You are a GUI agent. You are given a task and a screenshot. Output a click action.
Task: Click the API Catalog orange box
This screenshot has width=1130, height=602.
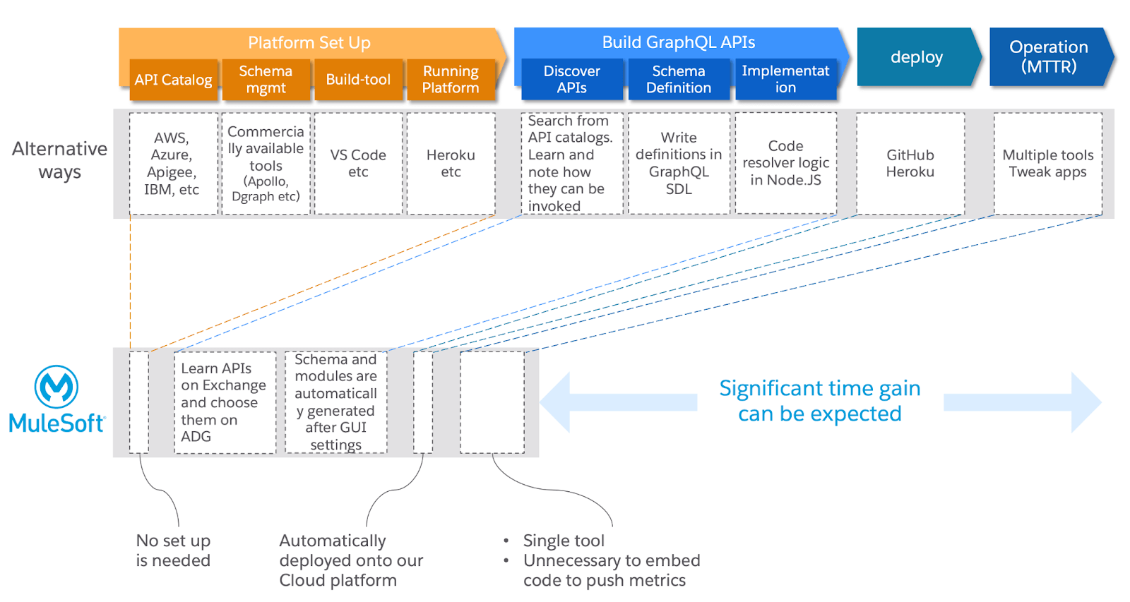click(x=173, y=80)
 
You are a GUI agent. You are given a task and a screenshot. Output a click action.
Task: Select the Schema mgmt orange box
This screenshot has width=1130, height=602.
click(x=266, y=80)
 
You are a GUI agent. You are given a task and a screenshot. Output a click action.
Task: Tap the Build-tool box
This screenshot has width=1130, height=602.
click(x=358, y=80)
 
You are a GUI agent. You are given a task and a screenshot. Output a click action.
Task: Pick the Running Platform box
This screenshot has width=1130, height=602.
click(x=451, y=80)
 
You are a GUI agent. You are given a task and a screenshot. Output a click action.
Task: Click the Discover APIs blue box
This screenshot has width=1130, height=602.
click(x=571, y=80)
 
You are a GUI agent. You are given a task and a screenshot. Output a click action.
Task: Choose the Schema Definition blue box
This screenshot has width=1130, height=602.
click(x=678, y=80)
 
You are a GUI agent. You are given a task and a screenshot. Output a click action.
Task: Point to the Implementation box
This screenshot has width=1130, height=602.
click(x=785, y=80)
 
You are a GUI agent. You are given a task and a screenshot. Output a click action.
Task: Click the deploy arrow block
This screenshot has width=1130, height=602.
click(x=916, y=57)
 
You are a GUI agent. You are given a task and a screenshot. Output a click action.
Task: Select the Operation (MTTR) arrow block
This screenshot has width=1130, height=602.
click(x=1048, y=57)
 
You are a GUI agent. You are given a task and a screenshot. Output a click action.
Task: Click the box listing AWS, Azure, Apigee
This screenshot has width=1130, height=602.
click(x=172, y=164)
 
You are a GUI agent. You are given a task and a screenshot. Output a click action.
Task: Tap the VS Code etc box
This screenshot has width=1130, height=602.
click(x=358, y=164)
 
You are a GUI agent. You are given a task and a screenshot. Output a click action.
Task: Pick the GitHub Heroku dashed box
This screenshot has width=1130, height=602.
click(x=910, y=164)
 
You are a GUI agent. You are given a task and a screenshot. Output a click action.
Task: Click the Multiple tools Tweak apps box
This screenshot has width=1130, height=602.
click(x=1047, y=164)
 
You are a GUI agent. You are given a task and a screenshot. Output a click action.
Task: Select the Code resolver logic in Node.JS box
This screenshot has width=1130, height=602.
click(x=785, y=164)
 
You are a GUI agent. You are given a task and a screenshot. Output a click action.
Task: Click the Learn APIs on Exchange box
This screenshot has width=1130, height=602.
click(x=225, y=402)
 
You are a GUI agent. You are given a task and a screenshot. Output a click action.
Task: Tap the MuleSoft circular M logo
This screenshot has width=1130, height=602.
click(x=56, y=387)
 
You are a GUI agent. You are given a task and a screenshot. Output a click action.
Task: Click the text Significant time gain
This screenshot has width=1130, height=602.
click(x=819, y=389)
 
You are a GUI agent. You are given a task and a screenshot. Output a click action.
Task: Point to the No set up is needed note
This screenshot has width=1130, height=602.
click(x=173, y=550)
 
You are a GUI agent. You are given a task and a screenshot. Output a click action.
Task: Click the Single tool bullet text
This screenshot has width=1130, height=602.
click(x=564, y=541)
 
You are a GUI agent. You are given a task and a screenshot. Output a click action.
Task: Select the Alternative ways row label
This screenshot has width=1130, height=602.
click(x=60, y=160)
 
